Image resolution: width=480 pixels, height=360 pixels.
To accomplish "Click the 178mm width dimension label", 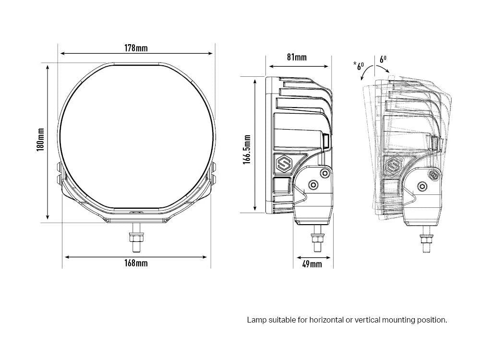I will pyautogui.click(x=136, y=48).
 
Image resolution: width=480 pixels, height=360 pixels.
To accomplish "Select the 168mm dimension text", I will pyautogui.click(x=136, y=263).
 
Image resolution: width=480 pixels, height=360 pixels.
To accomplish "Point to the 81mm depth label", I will pyautogui.click(x=297, y=58).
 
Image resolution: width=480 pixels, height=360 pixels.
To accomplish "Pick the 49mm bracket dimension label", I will pyautogui.click(x=312, y=264).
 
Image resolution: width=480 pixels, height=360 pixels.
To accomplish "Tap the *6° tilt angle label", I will pyautogui.click(x=359, y=65).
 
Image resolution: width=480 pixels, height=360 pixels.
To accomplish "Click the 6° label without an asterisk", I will pyautogui.click(x=383, y=60).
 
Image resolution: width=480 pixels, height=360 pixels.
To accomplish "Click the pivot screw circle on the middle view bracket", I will pyautogui.click(x=313, y=184).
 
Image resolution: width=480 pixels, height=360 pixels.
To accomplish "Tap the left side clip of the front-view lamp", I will pyautogui.click(x=60, y=172).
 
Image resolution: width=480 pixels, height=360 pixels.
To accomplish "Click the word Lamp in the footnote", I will pyautogui.click(x=256, y=320).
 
